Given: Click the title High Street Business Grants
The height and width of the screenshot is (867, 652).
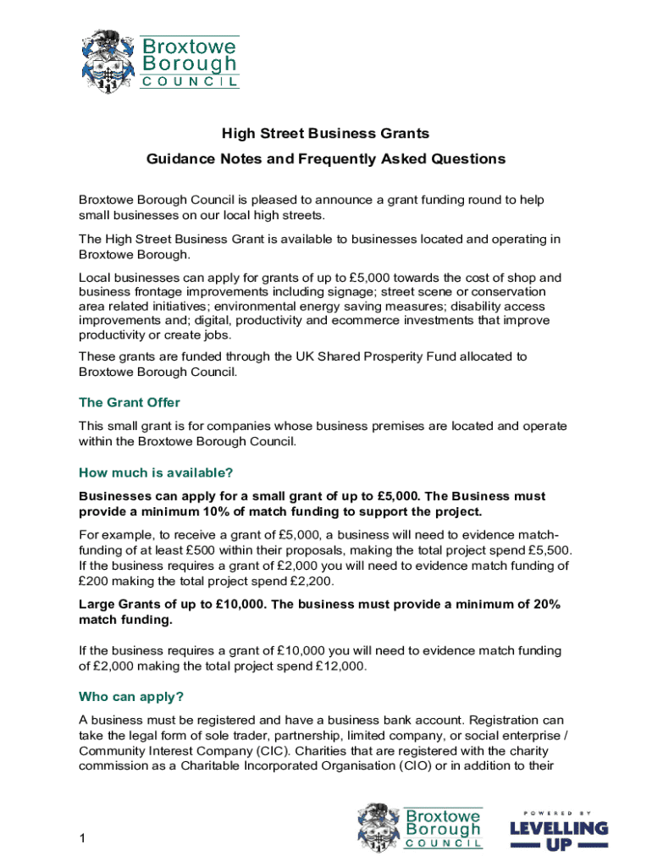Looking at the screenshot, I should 326,134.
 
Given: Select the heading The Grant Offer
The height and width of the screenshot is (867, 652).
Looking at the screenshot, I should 129,402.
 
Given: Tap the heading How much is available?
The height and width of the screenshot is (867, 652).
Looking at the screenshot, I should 155,472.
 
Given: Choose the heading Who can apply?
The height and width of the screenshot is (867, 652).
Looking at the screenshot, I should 131,698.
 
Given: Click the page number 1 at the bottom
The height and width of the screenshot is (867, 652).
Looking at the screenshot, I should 82,839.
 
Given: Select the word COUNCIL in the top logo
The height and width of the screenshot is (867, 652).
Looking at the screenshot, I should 189,82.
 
